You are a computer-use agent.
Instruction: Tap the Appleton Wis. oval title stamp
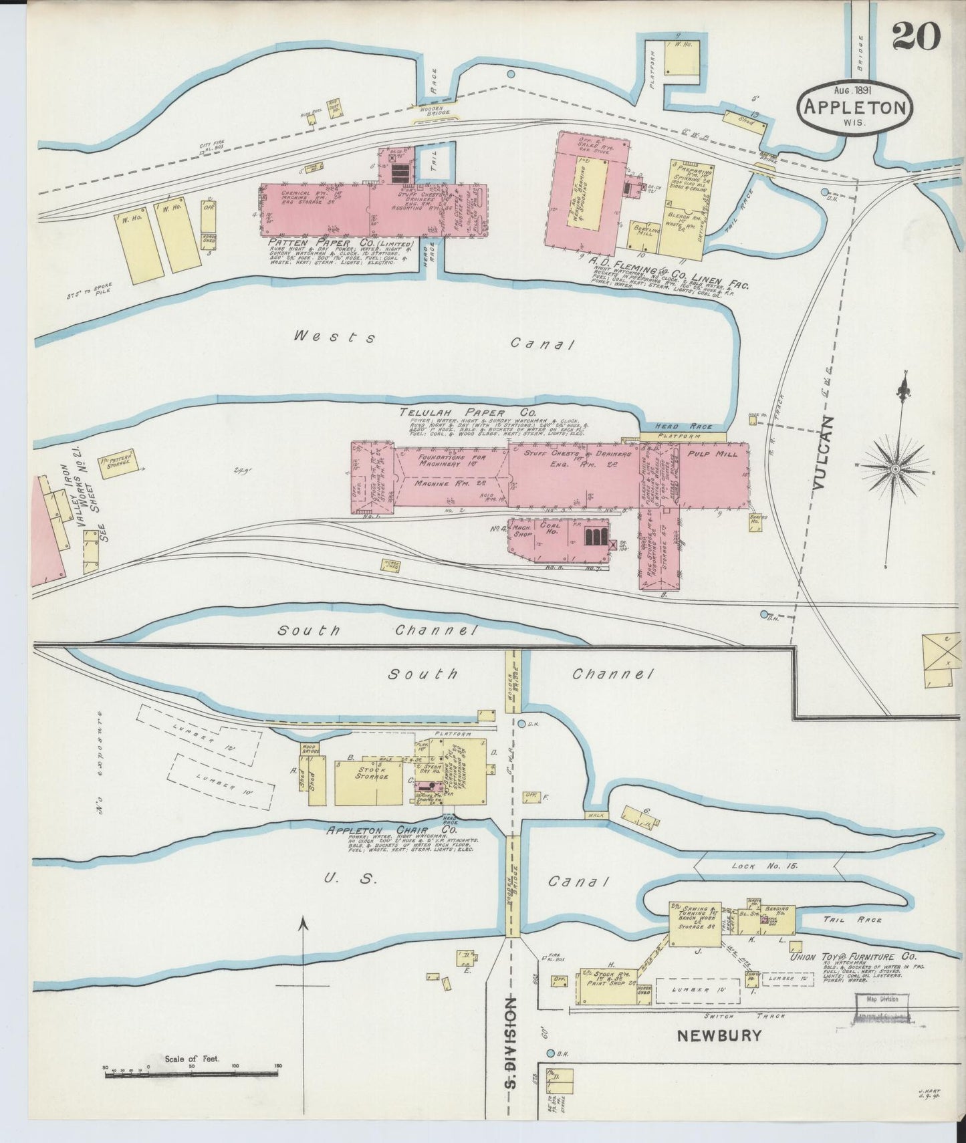pyautogui.click(x=855, y=108)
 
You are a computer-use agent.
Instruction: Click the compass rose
pyautogui.click(x=894, y=469)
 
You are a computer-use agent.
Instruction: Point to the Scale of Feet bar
pyautogui.click(x=191, y=1074)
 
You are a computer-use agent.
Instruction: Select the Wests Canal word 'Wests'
pyautogui.click(x=334, y=338)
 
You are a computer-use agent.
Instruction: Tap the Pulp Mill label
pyautogui.click(x=713, y=454)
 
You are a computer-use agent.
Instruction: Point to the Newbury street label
pyautogui.click(x=719, y=1037)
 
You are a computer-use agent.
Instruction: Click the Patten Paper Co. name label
pyautogui.click(x=341, y=244)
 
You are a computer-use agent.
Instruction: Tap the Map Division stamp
pyautogui.click(x=882, y=999)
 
